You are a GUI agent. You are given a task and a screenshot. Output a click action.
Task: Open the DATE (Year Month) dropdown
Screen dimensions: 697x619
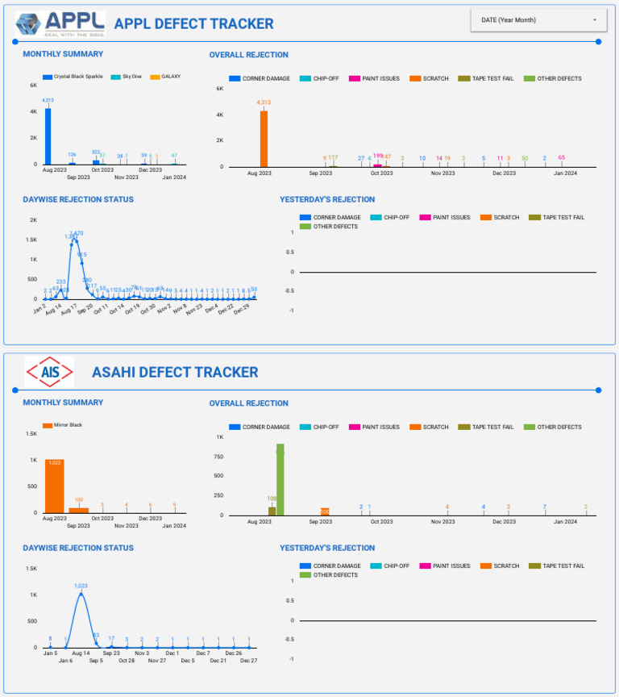(539, 20)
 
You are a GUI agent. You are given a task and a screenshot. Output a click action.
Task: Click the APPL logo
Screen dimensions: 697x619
(60, 23)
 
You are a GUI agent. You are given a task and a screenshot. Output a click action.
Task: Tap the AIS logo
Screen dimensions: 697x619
(49, 372)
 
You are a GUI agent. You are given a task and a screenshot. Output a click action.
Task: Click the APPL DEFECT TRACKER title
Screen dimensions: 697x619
(193, 24)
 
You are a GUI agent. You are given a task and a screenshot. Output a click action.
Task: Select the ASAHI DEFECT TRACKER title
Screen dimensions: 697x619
(175, 372)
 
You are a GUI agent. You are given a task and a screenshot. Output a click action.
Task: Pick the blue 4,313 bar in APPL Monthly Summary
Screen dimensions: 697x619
(48, 136)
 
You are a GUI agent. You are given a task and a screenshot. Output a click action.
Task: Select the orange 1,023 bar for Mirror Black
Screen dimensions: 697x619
(54, 486)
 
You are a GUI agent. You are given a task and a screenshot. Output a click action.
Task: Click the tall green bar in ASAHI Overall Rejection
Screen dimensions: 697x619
(280, 479)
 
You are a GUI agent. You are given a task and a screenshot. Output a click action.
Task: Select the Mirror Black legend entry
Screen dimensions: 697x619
(63, 424)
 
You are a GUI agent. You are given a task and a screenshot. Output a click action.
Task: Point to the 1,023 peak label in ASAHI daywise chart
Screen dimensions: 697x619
(81, 586)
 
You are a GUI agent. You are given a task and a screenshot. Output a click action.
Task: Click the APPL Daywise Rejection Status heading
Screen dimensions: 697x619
(78, 199)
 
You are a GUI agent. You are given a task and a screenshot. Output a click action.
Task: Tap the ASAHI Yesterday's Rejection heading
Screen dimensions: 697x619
(326, 548)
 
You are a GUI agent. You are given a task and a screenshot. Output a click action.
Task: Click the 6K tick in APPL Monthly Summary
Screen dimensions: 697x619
(34, 85)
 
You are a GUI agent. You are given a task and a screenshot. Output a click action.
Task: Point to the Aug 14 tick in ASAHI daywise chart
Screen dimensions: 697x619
(81, 653)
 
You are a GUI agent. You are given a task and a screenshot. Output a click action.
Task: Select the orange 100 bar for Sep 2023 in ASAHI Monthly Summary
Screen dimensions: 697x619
(78, 510)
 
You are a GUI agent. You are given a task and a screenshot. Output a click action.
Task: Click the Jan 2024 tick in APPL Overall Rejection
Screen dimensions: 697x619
(565, 173)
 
